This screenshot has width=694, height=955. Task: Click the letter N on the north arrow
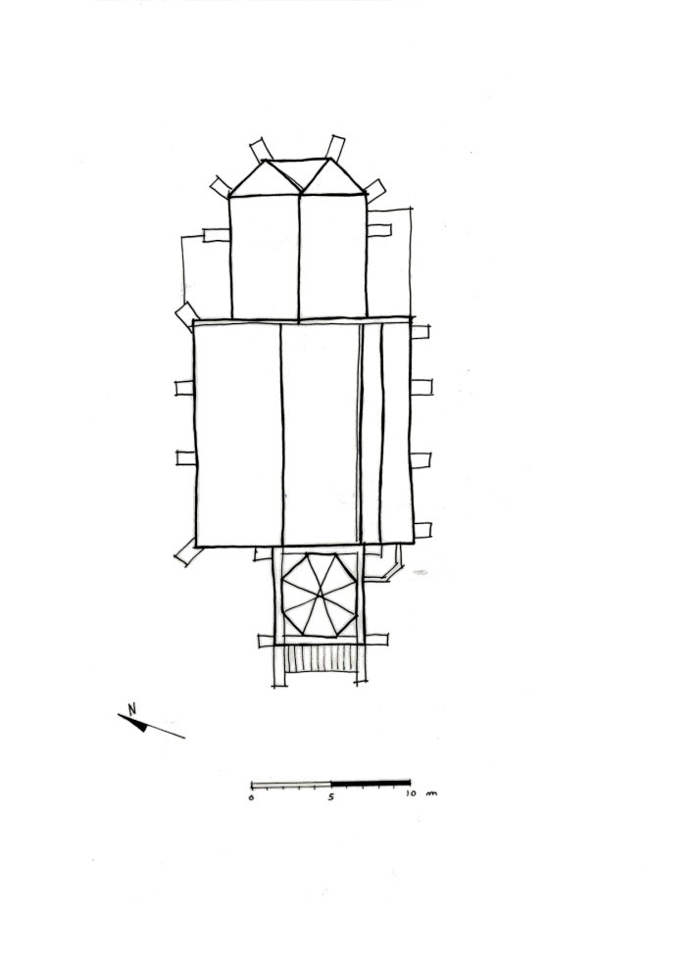coord(132,708)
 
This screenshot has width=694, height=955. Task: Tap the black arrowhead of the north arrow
coord(140,724)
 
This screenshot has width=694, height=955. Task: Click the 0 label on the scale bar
coord(252,798)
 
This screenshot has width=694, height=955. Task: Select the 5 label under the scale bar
coord(331,796)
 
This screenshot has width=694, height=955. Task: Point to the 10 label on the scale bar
coord(411,794)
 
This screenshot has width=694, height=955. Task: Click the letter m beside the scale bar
coord(431,793)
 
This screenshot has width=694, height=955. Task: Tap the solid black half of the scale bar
coord(371,782)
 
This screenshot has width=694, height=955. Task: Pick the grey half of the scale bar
coord(291,784)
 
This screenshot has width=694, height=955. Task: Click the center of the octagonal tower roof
coord(319,596)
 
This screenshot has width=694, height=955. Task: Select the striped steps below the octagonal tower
coord(322,659)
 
